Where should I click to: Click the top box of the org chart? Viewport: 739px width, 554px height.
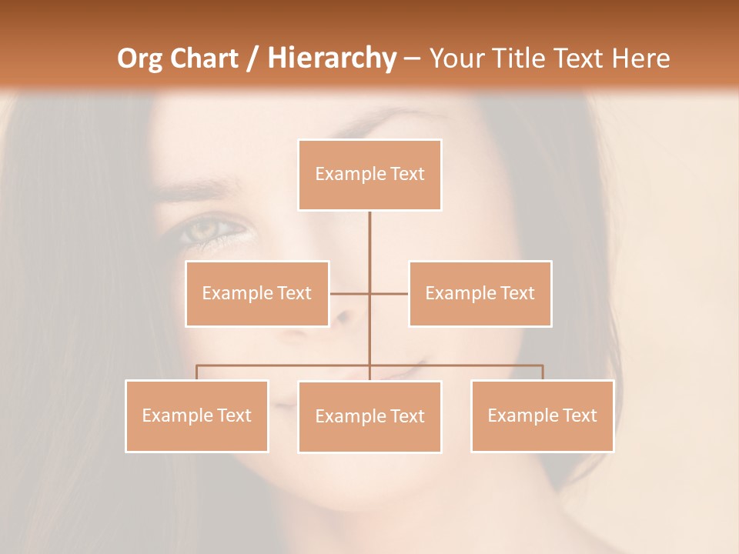(369, 175)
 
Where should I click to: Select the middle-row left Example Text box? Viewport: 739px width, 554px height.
(257, 293)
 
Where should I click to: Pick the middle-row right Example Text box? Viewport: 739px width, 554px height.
(480, 293)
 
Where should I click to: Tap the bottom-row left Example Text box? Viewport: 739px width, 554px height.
(197, 415)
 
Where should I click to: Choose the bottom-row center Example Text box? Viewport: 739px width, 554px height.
(369, 416)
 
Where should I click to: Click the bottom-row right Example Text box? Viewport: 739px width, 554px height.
(542, 415)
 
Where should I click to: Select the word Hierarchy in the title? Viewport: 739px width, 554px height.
(332, 58)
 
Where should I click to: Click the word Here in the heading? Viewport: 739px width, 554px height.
(640, 58)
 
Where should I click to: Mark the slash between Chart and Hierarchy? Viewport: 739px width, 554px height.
(253, 58)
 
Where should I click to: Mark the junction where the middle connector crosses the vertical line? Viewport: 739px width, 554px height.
(369, 293)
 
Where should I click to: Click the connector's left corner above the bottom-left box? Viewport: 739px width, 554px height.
(197, 365)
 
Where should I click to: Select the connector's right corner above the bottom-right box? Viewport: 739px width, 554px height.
(542, 365)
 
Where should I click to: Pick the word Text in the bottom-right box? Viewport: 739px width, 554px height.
(579, 415)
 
